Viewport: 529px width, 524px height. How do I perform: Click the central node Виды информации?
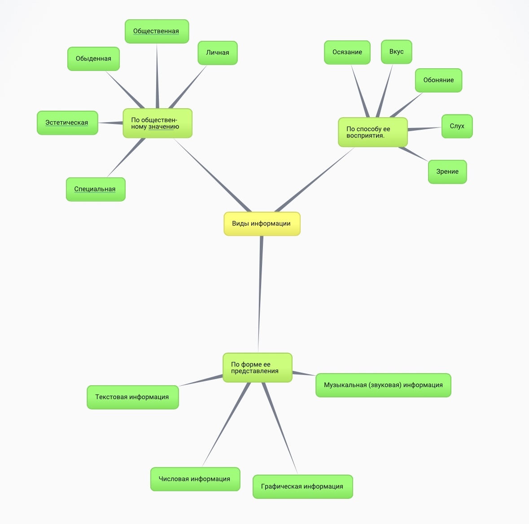(262, 224)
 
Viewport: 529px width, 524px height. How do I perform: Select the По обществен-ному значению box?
(157, 123)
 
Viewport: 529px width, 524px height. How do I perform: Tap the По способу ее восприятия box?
(372, 132)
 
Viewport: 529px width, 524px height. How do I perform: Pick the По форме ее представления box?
(257, 368)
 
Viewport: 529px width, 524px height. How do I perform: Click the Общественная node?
(157, 31)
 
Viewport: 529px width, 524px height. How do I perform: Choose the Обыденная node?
(93, 59)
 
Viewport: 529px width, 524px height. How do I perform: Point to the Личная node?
(218, 53)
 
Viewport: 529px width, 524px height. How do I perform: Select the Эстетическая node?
(67, 123)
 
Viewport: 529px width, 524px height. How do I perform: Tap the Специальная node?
(96, 189)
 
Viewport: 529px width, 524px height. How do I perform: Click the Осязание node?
(347, 52)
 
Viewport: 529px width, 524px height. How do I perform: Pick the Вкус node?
(396, 52)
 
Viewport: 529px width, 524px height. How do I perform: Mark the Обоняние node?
(438, 80)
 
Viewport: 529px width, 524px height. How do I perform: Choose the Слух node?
(457, 126)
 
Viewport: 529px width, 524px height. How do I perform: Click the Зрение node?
(447, 172)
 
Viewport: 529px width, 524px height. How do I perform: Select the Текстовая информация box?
(132, 397)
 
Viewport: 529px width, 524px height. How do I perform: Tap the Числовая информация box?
(195, 479)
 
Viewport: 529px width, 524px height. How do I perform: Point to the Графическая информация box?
(302, 486)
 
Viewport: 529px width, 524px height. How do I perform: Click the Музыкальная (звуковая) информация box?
(383, 385)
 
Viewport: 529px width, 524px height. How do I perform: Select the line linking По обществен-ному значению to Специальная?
(126, 158)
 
